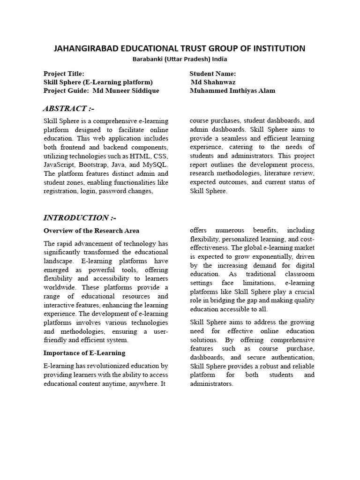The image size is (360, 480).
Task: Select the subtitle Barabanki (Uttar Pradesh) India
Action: point(180,59)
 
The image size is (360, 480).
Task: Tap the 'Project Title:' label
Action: point(64,74)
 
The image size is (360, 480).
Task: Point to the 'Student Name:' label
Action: point(213,74)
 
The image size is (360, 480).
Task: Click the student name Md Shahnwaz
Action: point(213,82)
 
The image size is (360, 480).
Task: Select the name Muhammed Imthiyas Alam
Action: point(232,90)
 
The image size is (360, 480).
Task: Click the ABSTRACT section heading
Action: point(68,108)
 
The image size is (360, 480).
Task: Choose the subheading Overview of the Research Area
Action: point(91,231)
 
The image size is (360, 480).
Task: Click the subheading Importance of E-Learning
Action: point(84,352)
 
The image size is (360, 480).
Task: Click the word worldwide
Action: point(59,287)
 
